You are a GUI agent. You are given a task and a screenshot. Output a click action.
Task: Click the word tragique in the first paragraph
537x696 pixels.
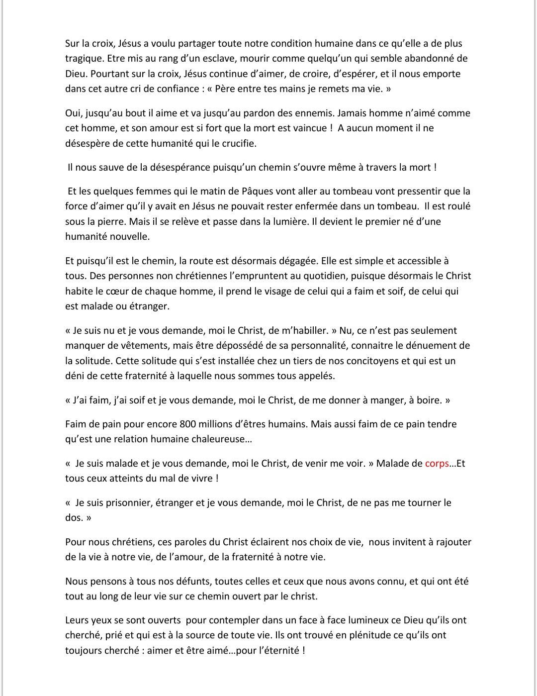[x=84, y=59]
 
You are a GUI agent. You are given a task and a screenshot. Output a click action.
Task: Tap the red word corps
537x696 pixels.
[x=437, y=463]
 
